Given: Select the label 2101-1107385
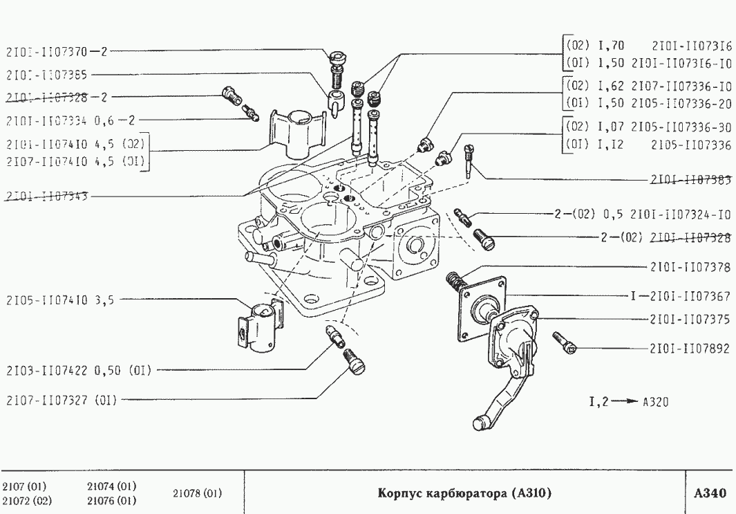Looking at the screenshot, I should pos(46,73).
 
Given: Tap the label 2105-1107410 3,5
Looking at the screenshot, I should pos(59,300).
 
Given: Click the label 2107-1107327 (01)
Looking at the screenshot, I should pos(61,399).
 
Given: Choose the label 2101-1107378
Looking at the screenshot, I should pos(690,266).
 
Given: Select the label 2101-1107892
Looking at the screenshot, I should pos(690,348).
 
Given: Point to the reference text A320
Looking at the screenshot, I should pos(655,401).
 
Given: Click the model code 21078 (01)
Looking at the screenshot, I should pos(197,493).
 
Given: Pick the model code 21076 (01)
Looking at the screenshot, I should pos(111,500).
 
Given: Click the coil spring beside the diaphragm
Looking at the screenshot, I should pos(455,282).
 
